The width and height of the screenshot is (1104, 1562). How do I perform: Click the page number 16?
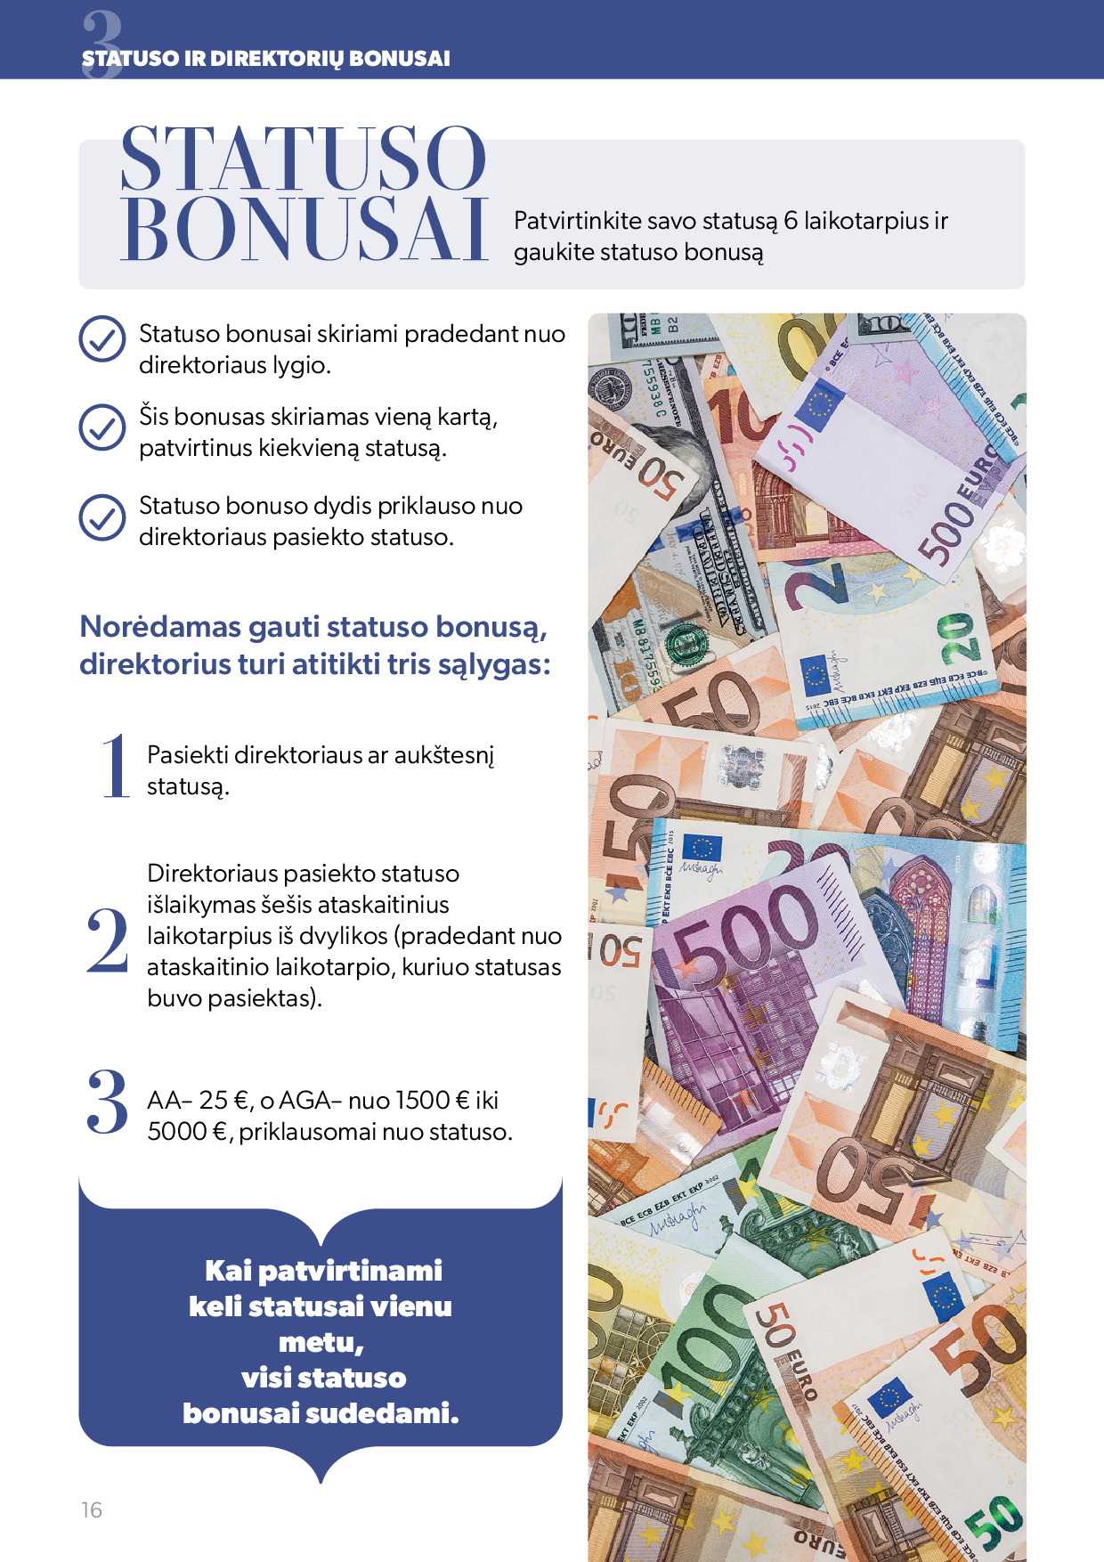pyautogui.click(x=92, y=1509)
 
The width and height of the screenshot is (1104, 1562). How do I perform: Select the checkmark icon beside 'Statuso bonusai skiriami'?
pyautogui.click(x=102, y=339)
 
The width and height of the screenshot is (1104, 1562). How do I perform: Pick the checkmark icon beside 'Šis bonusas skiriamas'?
pyautogui.click(x=102, y=427)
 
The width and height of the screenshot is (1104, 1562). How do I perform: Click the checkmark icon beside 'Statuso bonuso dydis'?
pyautogui.click(x=102, y=517)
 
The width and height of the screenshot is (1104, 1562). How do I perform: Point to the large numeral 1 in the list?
pyautogui.click(x=116, y=767)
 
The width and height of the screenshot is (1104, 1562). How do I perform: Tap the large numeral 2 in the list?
pyautogui.click(x=108, y=940)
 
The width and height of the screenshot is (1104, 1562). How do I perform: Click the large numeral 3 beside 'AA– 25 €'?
pyautogui.click(x=108, y=1102)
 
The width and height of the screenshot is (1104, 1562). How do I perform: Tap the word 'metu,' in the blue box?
pyautogui.click(x=321, y=1342)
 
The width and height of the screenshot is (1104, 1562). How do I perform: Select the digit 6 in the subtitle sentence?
pyautogui.click(x=791, y=221)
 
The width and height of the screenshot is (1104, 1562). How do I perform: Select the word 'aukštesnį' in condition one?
pyautogui.click(x=443, y=755)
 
